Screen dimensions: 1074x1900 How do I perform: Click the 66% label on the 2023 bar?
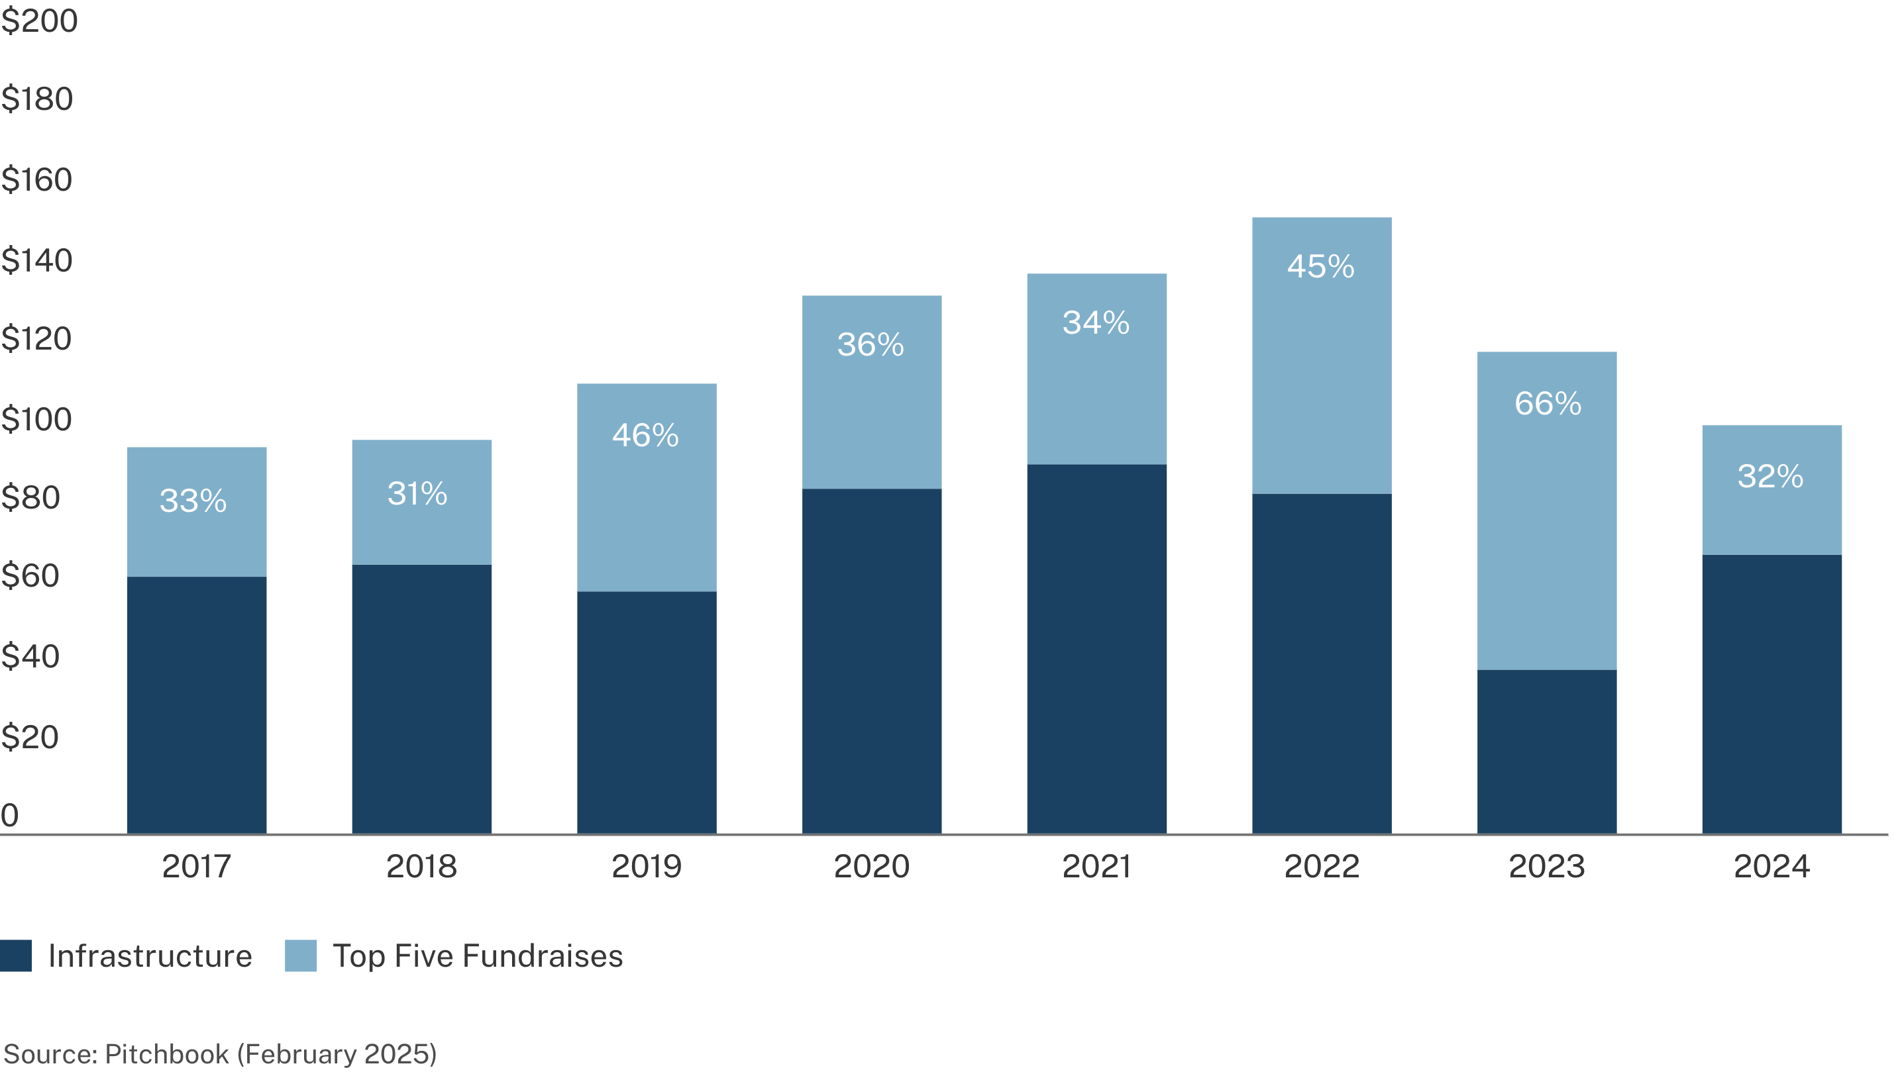1548,403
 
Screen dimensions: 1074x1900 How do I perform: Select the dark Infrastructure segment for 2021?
1096,648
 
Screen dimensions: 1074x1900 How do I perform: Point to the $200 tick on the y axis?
39,21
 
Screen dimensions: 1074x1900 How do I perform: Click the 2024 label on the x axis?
1771,866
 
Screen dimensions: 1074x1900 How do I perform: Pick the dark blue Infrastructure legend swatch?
15,955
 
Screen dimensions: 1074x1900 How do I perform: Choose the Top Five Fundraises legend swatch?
300,955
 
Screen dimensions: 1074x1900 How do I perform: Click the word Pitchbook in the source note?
167,1053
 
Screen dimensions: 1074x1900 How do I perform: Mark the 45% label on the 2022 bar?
1321,266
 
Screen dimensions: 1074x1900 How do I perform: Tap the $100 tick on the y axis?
36,420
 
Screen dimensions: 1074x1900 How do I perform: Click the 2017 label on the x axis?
196,866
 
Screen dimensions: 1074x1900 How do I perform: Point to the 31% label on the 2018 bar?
417,493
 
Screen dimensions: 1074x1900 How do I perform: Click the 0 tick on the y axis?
9,815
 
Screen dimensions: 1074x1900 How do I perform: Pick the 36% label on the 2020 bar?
871,344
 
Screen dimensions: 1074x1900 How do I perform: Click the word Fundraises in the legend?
543,956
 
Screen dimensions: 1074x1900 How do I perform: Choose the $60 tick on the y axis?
30,575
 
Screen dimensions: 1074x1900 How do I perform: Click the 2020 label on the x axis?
871,866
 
